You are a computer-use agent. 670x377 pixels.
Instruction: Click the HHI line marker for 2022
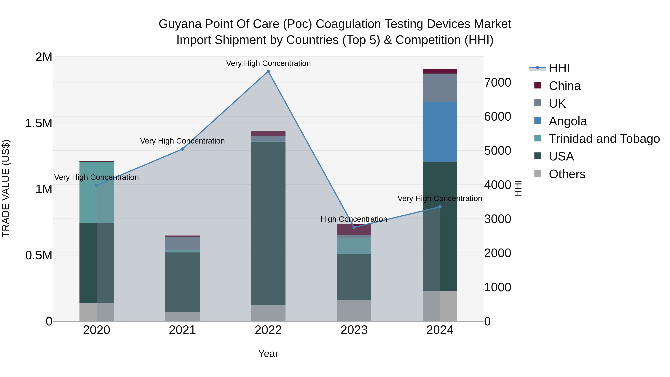[268, 71]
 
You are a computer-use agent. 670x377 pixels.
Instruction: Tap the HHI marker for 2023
[354, 227]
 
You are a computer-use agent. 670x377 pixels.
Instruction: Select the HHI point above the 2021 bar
[182, 149]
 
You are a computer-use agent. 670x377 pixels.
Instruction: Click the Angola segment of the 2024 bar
[440, 132]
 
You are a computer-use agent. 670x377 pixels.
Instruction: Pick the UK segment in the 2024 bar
[440, 88]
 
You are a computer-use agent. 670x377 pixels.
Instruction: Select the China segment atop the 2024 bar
[440, 71]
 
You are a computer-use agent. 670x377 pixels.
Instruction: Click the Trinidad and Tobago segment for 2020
[96, 193]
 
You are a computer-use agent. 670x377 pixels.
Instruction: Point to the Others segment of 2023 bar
[354, 311]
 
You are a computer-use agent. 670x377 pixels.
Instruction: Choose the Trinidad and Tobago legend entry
[604, 139]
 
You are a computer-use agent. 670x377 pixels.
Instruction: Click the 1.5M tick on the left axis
[39, 123]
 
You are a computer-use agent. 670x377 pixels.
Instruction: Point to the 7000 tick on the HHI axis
[497, 83]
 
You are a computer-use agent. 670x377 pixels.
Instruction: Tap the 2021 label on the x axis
[182, 330]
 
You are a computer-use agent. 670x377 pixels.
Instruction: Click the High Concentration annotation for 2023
[354, 219]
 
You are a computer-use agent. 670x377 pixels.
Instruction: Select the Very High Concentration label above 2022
[268, 63]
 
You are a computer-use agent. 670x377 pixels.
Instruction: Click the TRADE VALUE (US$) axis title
[6, 188]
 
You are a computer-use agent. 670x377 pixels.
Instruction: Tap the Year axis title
[268, 354]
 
